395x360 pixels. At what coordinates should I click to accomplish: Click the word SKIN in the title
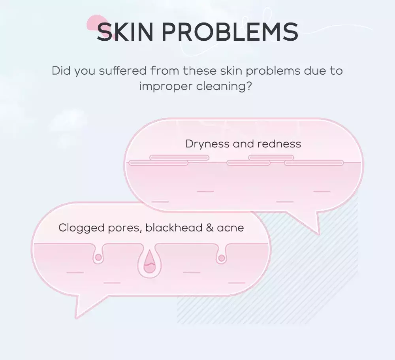click(125, 32)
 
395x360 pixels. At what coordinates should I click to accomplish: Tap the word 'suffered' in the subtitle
click(123, 71)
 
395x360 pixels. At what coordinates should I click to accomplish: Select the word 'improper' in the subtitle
click(166, 87)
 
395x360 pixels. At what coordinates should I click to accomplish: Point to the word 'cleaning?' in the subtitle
click(224, 87)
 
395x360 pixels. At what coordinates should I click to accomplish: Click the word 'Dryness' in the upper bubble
click(207, 144)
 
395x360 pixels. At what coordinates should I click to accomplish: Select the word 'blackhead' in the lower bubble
click(174, 228)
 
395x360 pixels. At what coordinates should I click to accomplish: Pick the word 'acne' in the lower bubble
click(230, 228)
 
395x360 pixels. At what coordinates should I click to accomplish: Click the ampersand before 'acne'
click(210, 228)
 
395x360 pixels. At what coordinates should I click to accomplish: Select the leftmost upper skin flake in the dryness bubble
click(179, 158)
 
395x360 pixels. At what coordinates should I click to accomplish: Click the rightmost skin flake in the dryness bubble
click(314, 163)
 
